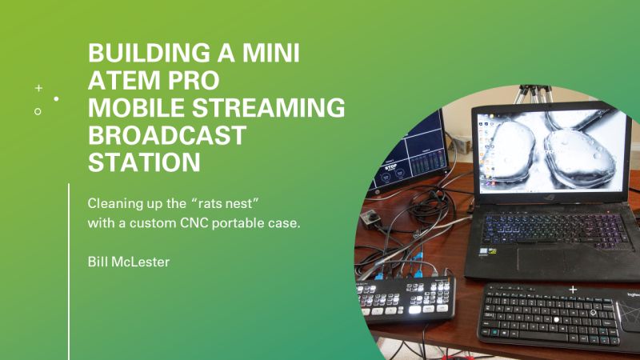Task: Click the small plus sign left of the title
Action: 38,87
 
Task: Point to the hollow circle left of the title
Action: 38,112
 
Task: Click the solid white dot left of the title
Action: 56,99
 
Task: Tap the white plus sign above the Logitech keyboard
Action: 572,289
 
